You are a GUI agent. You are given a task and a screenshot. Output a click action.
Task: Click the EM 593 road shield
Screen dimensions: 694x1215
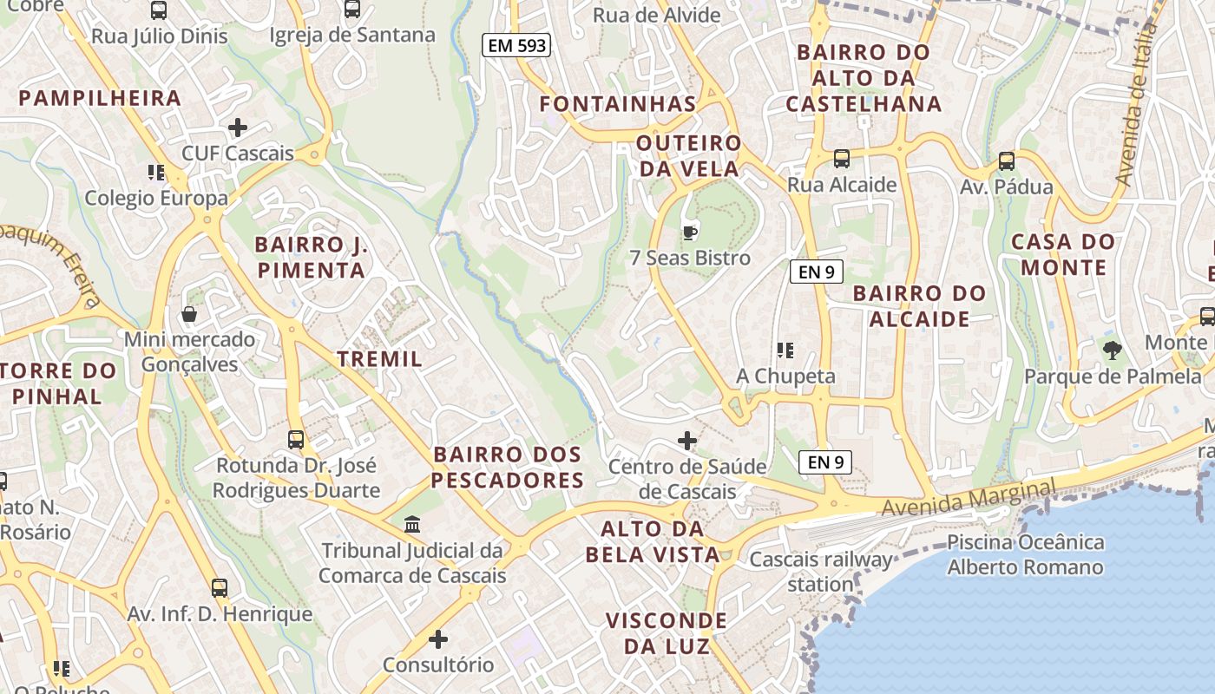[x=516, y=45]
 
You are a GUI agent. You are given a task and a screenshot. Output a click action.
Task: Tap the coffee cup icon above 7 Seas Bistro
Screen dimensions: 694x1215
[x=690, y=232]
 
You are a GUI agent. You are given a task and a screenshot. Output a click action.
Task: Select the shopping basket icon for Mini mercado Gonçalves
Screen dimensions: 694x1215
[x=189, y=313]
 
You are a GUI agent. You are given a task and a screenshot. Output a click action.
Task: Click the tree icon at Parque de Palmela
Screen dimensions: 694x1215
[x=1113, y=350]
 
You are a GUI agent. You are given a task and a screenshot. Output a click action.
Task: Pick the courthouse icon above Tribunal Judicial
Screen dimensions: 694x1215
[x=412, y=525]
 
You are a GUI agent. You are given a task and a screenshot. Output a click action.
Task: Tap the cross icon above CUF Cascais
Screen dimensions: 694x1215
[x=237, y=128]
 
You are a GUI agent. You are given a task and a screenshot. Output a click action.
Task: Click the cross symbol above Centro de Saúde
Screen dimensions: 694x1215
[x=687, y=441]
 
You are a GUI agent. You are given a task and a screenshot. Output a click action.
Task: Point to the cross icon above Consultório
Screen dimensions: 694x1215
[x=438, y=640]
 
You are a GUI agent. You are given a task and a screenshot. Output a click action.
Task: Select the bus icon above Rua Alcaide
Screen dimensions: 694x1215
[x=841, y=159]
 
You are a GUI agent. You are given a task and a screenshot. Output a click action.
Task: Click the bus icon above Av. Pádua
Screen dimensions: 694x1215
[x=1007, y=160]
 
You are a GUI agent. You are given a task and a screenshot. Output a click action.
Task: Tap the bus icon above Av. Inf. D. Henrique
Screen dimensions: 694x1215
[x=220, y=588]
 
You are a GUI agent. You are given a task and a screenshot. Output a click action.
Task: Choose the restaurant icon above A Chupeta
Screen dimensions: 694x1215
[x=785, y=350]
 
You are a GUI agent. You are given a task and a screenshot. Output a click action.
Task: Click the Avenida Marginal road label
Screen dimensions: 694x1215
[x=969, y=497]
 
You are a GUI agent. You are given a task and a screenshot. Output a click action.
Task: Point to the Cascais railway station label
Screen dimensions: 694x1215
[x=821, y=572]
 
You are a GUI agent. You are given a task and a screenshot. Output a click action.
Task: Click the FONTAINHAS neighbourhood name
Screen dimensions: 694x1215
[x=618, y=104]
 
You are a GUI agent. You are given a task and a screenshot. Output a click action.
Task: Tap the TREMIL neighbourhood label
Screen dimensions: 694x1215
[x=379, y=359]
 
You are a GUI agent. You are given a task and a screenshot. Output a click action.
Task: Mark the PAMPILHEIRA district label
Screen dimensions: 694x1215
[x=100, y=98]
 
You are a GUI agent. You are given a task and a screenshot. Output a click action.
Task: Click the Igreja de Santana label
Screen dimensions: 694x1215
[x=352, y=36]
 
